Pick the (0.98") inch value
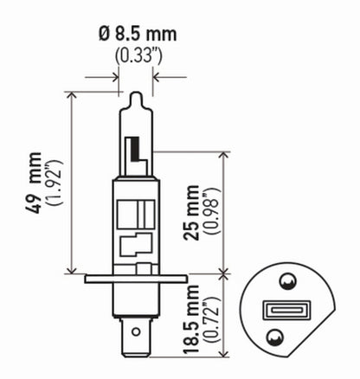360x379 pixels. pyautogui.click(x=216, y=211)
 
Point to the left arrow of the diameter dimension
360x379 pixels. pyautogui.click(x=114, y=76)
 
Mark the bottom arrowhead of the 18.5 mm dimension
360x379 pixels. pyautogui.click(x=227, y=352)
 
